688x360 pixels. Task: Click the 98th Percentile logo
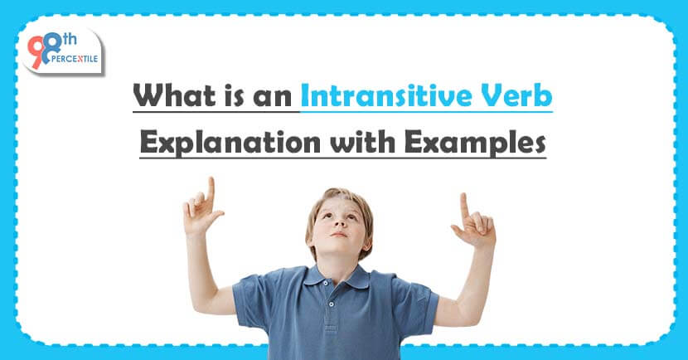pyautogui.click(x=63, y=52)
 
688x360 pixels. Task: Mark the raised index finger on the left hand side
pyautogui.click(x=211, y=188)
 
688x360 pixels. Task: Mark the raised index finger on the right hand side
pyautogui.click(x=463, y=203)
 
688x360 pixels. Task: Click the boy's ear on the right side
pyautogui.click(x=369, y=226)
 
